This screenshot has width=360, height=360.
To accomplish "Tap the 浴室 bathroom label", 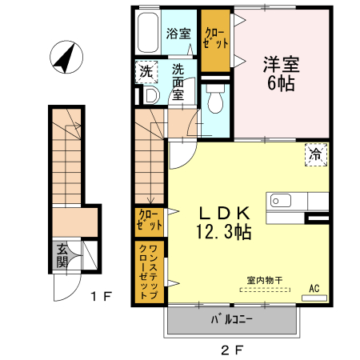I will point(178,34).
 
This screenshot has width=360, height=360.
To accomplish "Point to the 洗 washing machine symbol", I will point(146,71).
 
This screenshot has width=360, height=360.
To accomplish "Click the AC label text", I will point(314,288).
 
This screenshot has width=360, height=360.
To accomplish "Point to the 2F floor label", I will point(231,349).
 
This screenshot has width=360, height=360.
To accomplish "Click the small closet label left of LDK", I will point(148,220).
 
